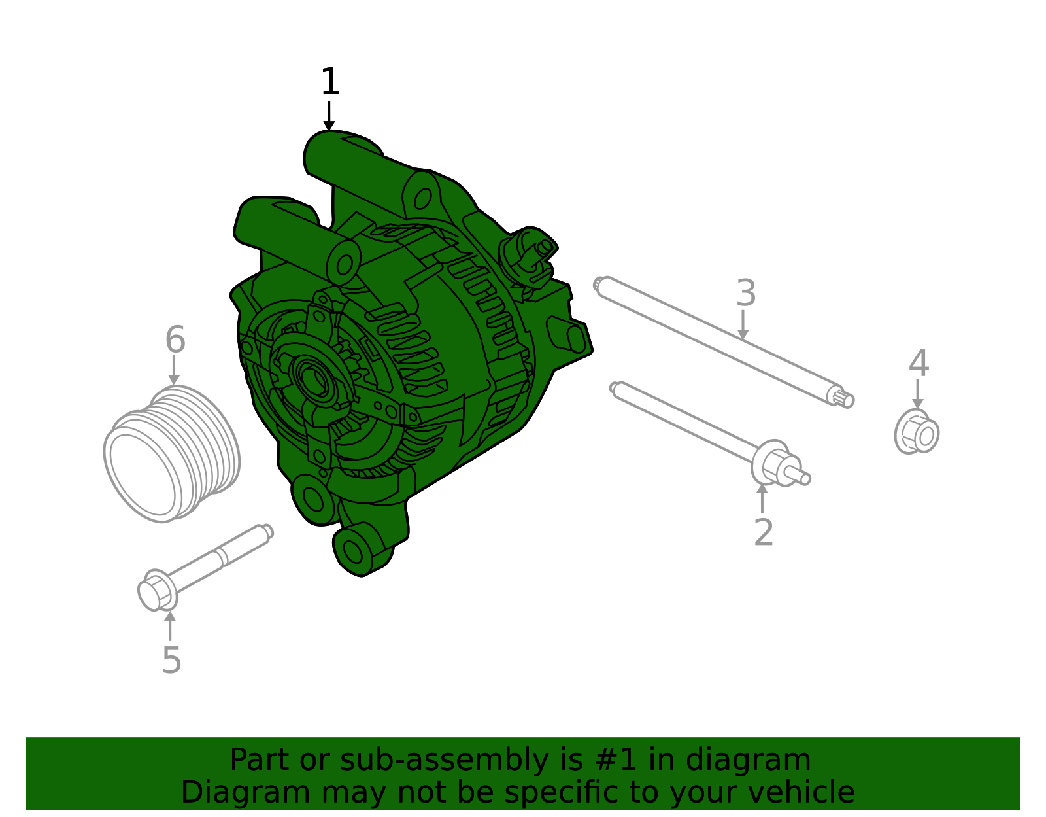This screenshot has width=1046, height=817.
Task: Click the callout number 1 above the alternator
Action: point(329,81)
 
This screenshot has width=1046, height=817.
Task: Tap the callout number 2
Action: point(764,533)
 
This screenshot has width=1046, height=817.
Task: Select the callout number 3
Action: point(746,292)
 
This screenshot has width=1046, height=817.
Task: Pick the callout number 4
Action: point(919,364)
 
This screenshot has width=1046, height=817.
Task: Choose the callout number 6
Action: point(175,339)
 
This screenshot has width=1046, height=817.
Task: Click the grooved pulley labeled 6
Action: point(171,453)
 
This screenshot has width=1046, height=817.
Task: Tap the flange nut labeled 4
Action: point(917,431)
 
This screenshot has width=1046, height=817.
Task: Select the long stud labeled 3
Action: point(724,342)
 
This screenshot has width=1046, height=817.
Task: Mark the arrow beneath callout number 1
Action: point(329,116)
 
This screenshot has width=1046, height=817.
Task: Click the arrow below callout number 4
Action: point(917,394)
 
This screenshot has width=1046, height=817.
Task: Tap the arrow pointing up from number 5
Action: point(170,626)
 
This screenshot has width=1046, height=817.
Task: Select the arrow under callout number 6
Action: point(174,370)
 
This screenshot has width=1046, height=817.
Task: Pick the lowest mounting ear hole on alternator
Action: point(353,551)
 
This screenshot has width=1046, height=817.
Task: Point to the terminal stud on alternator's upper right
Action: point(545,247)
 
